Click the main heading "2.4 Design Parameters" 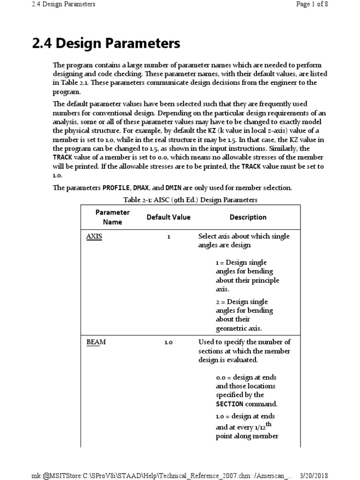pos(106,44)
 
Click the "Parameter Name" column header pos(112,217)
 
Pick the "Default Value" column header pos(168,217)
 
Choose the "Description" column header pos(248,217)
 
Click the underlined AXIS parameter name pos(94,237)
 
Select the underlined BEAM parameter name pos(96,342)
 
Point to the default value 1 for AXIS pos(169,237)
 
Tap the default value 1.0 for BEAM pos(169,342)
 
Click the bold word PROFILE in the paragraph pos(116,188)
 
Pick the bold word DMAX pos(142,188)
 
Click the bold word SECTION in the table pos(230,404)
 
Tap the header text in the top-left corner pos(64,4)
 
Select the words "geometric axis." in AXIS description pos(239,328)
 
